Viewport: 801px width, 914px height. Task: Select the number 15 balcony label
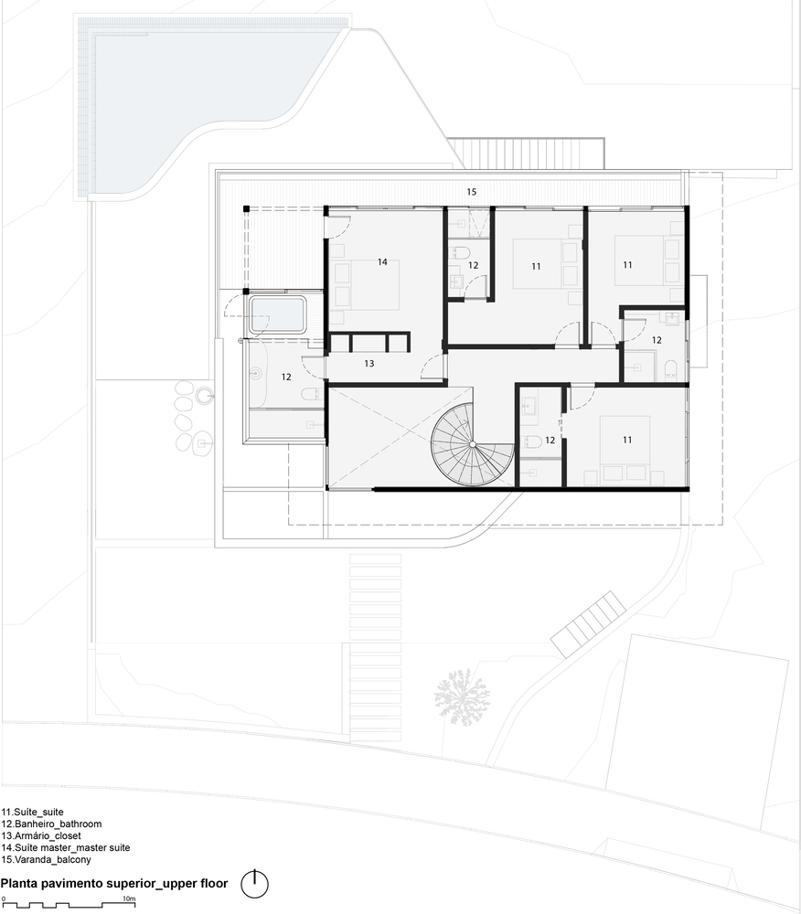(472, 192)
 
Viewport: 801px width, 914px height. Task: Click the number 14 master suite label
(382, 262)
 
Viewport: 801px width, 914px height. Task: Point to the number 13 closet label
(369, 364)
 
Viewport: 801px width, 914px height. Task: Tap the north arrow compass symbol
(254, 884)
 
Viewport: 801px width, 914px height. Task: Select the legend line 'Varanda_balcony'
(46, 860)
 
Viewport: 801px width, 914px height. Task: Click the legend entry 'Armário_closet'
(41, 836)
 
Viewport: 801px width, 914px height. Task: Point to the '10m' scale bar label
(129, 898)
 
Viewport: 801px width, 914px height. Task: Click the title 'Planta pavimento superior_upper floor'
(114, 884)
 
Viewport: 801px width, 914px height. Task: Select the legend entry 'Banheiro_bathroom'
(51, 824)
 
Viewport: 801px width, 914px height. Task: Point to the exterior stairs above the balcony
(525, 154)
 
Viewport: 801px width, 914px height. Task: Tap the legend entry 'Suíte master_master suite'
(65, 848)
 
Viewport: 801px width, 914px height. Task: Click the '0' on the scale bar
(4, 898)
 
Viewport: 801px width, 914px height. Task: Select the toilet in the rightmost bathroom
(671, 367)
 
